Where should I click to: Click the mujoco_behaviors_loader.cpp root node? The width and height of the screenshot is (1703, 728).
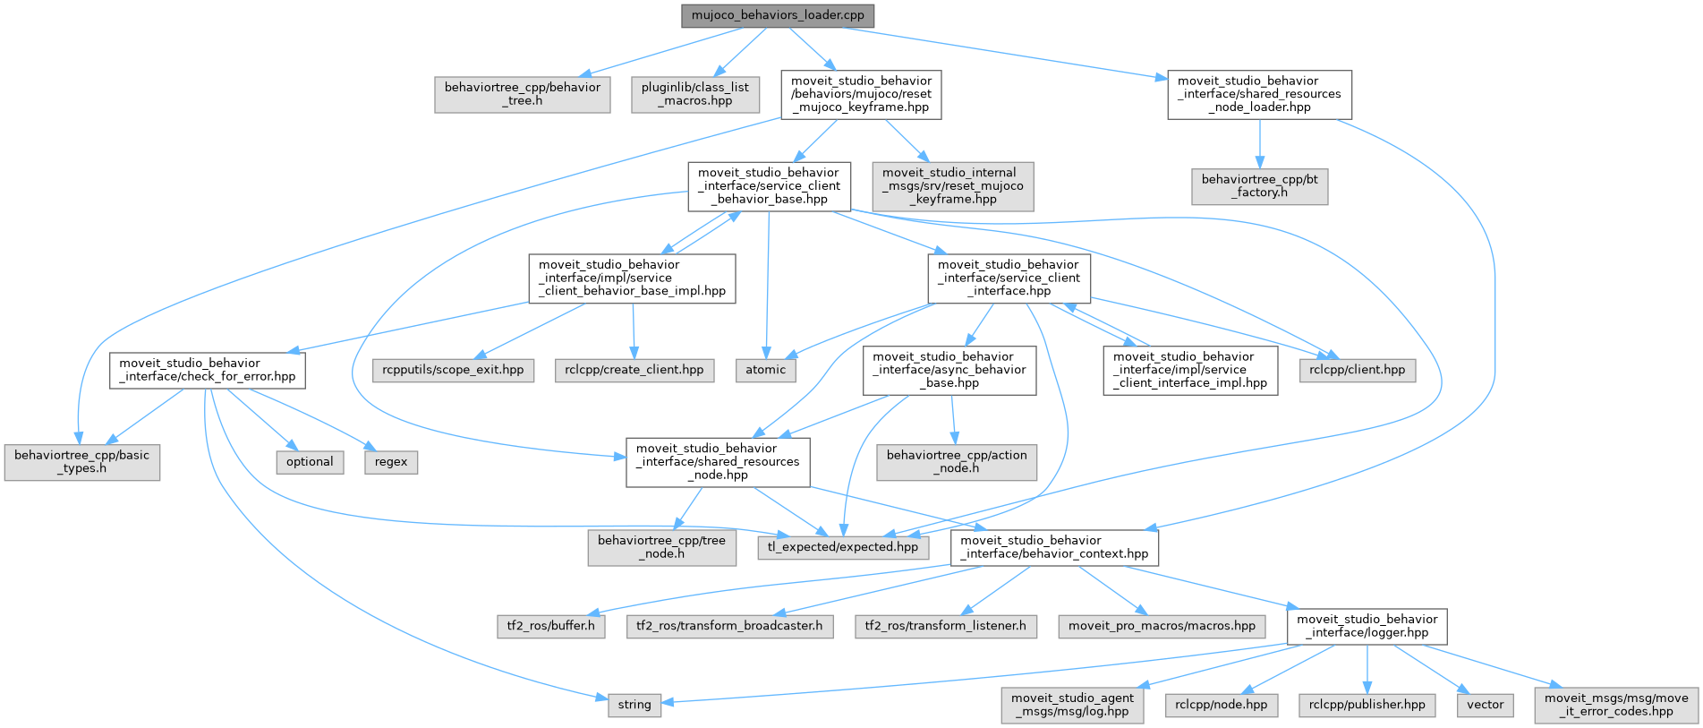pos(778,16)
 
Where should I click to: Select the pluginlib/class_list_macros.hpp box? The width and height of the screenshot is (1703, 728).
pos(695,94)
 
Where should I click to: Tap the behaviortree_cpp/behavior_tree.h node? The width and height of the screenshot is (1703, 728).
pos(523,94)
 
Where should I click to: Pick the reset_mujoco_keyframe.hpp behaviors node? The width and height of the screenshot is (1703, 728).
pos(861,94)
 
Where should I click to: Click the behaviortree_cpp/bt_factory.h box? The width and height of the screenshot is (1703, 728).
pos(1259,186)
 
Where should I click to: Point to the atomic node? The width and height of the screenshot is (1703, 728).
pos(765,370)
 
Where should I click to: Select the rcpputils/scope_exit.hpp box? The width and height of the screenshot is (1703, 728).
pos(453,370)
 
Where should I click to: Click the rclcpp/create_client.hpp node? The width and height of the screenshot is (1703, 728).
pos(634,370)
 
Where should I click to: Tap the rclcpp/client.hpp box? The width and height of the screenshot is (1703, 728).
pos(1357,370)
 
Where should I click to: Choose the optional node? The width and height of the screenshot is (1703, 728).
pos(310,462)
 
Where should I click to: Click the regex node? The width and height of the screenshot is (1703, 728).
pos(391,462)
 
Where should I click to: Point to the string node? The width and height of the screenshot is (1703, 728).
pos(634,705)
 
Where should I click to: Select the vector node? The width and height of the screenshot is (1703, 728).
pos(1485,705)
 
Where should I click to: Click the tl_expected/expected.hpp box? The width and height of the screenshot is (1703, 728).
pos(842,547)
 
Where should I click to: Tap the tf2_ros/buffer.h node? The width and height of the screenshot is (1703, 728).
pos(550,626)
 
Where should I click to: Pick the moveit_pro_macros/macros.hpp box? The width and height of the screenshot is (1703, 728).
pos(1162,626)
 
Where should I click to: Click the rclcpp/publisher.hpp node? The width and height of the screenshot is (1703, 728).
pos(1367,705)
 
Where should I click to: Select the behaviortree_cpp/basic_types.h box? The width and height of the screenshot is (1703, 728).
pos(82,462)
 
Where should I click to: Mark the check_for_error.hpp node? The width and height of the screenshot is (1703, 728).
pos(207,370)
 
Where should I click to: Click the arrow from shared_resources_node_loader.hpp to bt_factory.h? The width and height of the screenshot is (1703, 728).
pos(1259,143)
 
